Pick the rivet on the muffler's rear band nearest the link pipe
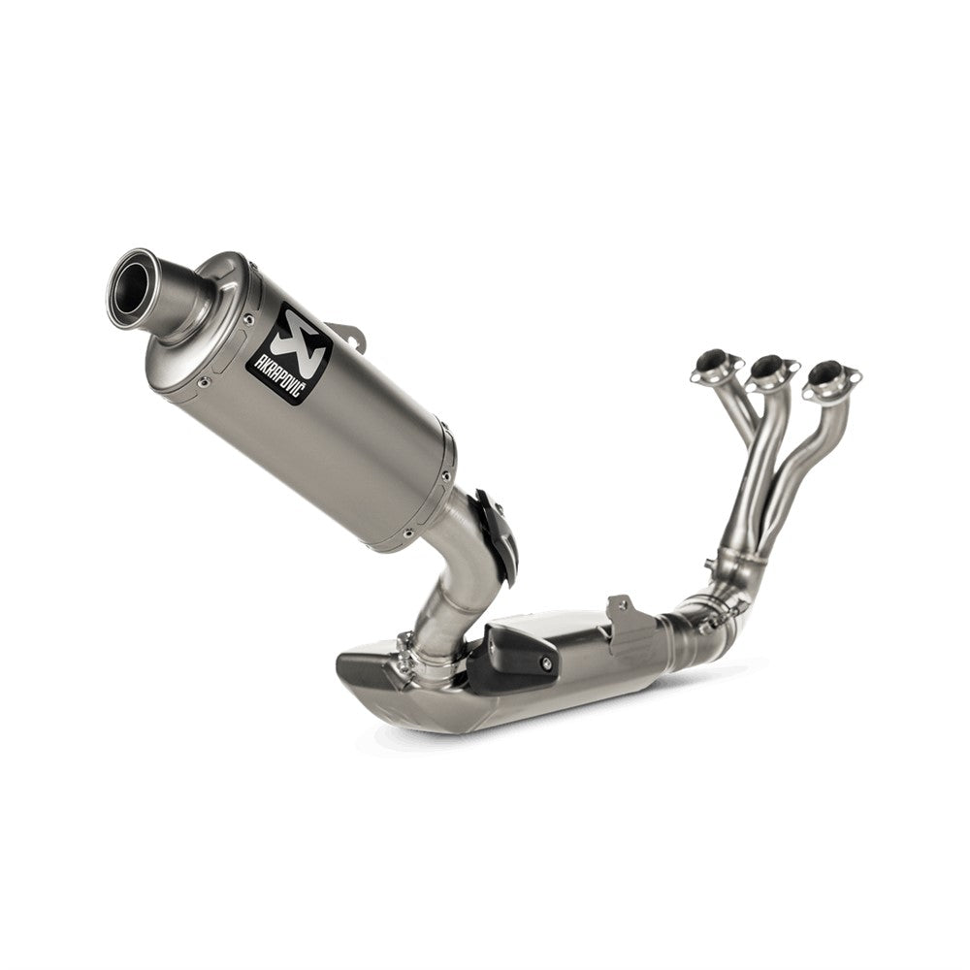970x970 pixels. (443, 476)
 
